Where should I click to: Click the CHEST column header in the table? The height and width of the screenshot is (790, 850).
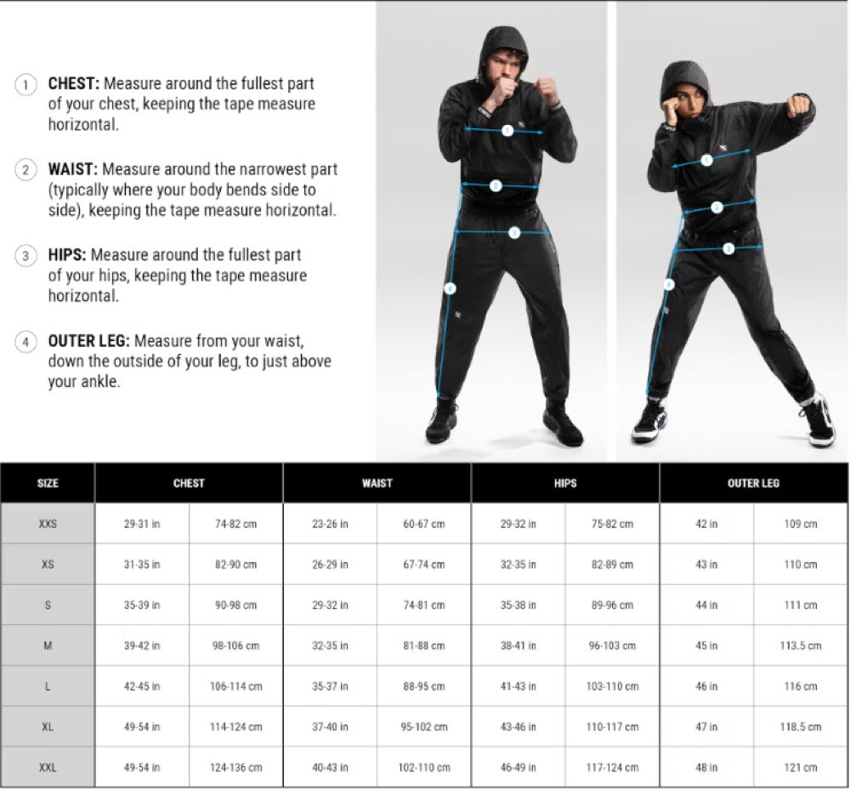pyautogui.click(x=189, y=483)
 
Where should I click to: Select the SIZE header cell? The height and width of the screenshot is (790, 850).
pyautogui.click(x=48, y=483)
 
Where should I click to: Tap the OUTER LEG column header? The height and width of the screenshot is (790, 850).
pyautogui.click(x=753, y=483)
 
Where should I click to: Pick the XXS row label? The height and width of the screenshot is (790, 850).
pyautogui.click(x=48, y=524)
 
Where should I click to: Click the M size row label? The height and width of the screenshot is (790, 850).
pyautogui.click(x=48, y=645)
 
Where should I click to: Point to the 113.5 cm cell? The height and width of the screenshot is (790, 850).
pyautogui.click(x=800, y=645)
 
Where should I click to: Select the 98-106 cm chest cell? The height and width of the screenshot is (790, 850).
pyautogui.click(x=235, y=645)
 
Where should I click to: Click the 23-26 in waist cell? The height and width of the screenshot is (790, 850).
pyautogui.click(x=330, y=524)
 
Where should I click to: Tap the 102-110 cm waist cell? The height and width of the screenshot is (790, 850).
pyautogui.click(x=424, y=767)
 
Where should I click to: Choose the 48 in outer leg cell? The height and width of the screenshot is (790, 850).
pyautogui.click(x=706, y=767)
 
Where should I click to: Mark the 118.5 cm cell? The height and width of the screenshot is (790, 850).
pyautogui.click(x=800, y=726)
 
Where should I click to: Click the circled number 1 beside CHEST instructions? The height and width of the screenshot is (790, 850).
pyautogui.click(x=25, y=84)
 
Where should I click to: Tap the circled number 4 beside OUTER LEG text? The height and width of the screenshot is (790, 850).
pyautogui.click(x=25, y=342)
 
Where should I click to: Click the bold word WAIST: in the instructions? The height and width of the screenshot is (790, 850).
pyautogui.click(x=72, y=169)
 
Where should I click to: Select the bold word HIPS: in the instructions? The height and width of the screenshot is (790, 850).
pyautogui.click(x=66, y=255)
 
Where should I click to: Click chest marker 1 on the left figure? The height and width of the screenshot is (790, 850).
pyautogui.click(x=507, y=131)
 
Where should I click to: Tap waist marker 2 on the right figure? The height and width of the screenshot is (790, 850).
pyautogui.click(x=717, y=207)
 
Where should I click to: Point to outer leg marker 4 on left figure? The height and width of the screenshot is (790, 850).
pyautogui.click(x=450, y=288)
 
